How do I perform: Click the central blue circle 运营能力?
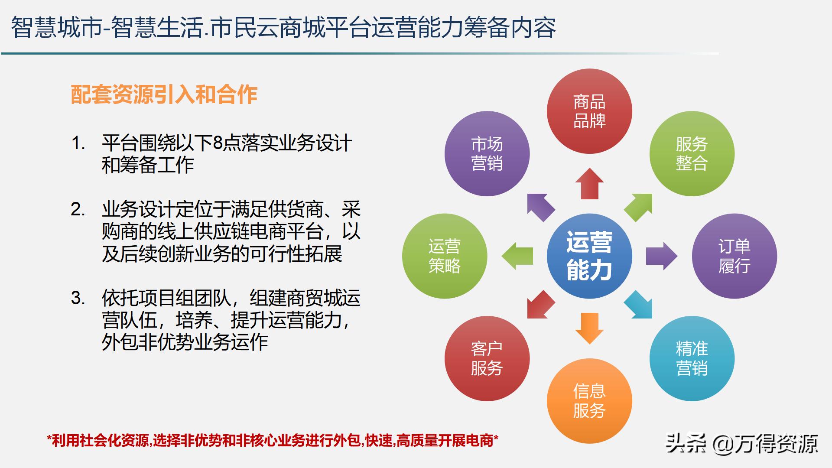coord(589,256)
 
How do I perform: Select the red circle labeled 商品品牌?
coord(589,111)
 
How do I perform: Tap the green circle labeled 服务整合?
coord(692,153)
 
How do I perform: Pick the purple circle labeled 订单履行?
coord(734,256)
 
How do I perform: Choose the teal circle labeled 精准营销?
coord(692,358)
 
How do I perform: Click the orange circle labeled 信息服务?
coord(589,401)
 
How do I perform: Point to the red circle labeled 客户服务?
coord(487,358)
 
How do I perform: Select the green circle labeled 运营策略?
coord(445,256)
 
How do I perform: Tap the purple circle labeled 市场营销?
coord(487,153)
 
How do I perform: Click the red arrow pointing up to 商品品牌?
coord(589,184)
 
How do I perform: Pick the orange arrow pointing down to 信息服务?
coord(589,328)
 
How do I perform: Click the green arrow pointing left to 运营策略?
coord(517,256)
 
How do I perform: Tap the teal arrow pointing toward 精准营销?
coord(639,305)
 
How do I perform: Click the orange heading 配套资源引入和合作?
coord(164,94)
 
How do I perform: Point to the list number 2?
coord(78,210)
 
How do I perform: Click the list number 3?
coord(78,298)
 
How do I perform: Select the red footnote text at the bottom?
coord(273,441)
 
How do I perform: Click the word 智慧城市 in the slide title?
coord(56,28)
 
